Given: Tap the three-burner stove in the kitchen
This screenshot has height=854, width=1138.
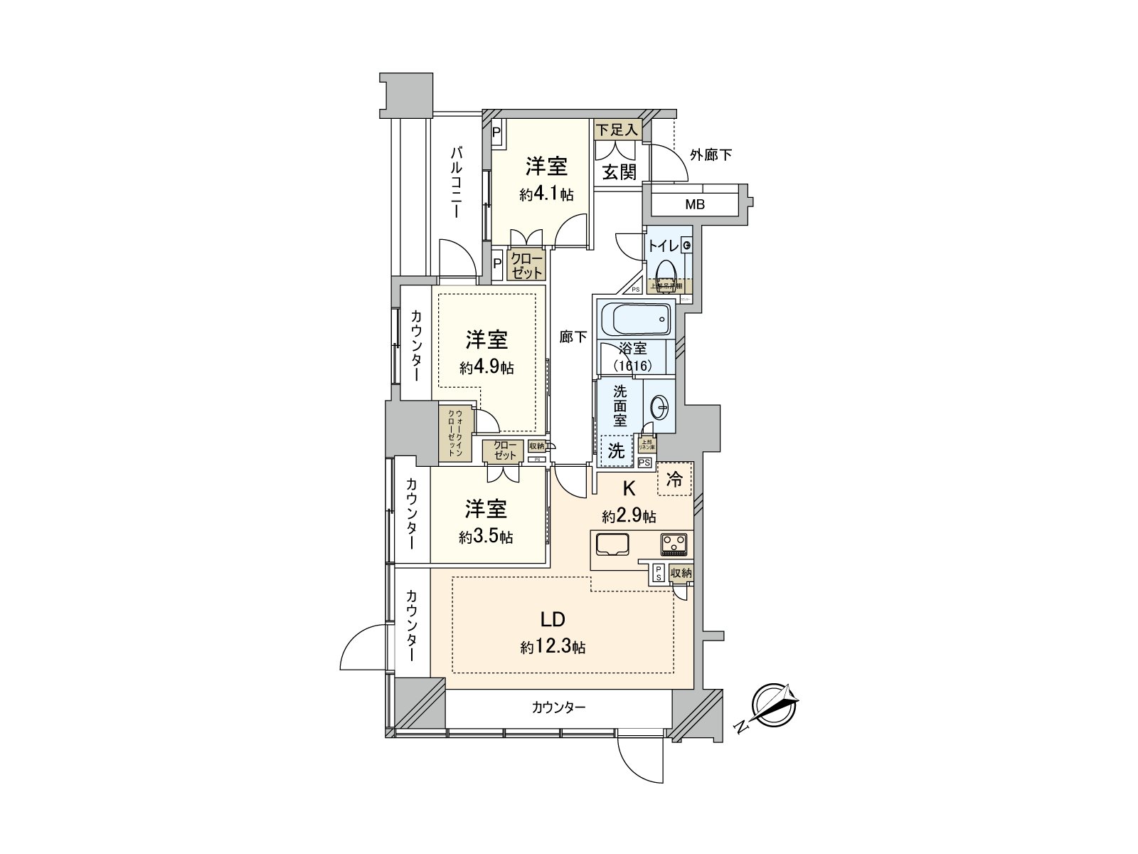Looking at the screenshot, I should pos(674,544).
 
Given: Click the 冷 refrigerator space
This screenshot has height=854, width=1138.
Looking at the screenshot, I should pos(674,480).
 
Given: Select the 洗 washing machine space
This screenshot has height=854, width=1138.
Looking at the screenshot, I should pos(616,450).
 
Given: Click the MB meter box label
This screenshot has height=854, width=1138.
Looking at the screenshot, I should pos(695,205).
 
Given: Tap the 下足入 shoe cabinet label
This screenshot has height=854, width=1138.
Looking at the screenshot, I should pos(618,130).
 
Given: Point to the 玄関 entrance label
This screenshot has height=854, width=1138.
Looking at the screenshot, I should pos(619,172).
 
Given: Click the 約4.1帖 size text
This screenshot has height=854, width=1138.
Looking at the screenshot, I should pos(546,194).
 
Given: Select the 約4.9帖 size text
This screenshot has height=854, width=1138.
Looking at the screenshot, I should pos(486,368).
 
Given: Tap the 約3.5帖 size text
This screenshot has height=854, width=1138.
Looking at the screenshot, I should pos(486,537).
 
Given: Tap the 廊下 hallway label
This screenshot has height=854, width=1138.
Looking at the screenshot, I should pos(573,337).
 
